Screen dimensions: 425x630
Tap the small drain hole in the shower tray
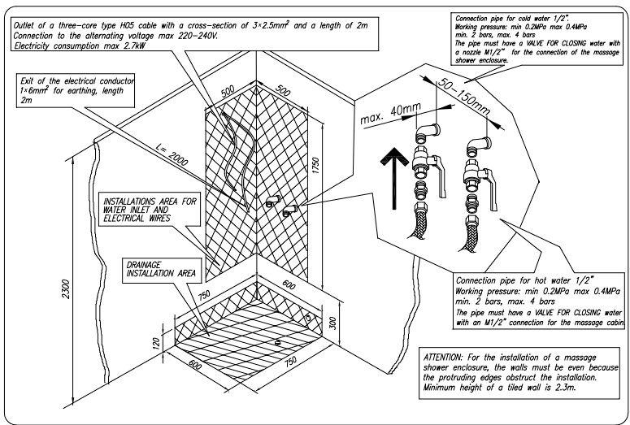pos(279,342)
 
